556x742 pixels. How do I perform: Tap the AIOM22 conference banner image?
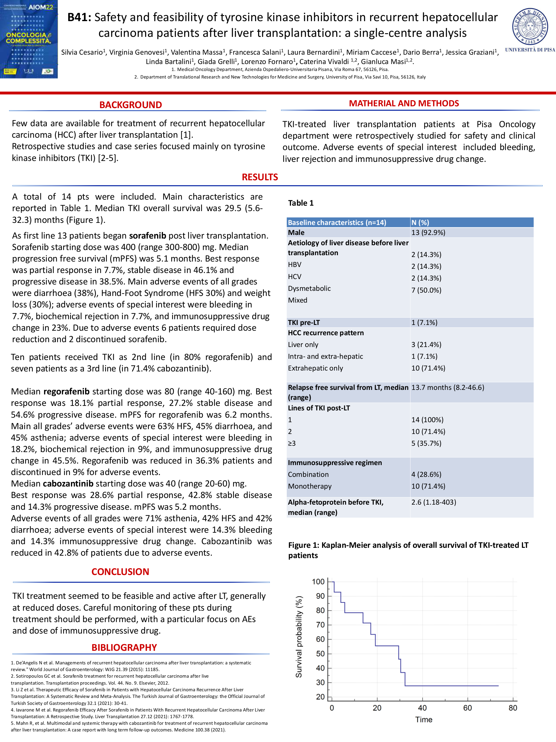29,39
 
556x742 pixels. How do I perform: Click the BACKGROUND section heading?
130,105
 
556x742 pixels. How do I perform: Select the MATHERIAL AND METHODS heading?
404,103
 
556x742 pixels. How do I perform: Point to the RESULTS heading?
260,177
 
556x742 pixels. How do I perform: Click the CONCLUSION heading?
120,572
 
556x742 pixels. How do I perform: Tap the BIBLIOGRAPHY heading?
124,647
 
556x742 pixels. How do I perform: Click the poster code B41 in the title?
79,18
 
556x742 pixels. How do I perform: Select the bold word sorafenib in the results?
147,236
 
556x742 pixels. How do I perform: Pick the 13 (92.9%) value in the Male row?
428,233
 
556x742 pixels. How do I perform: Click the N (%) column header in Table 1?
420,222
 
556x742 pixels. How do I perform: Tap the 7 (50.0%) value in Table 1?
426,290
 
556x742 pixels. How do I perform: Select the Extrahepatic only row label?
315,368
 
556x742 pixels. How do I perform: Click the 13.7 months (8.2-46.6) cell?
448,387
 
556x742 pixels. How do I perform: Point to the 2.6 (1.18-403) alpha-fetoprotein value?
433,502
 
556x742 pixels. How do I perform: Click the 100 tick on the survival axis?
318,582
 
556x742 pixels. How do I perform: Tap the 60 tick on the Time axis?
468,708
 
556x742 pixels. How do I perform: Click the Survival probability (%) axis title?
299,636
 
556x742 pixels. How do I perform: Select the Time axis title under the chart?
424,720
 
